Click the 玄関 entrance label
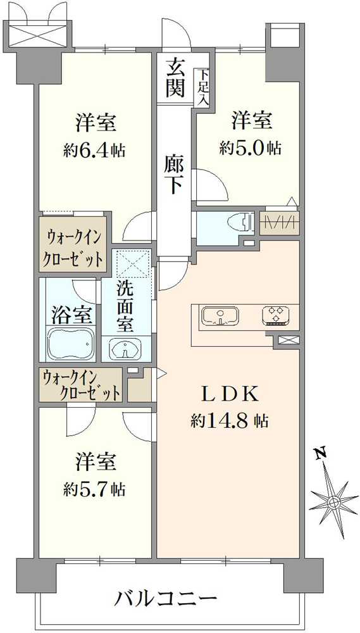[x=175, y=77]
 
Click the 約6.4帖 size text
[x=94, y=151]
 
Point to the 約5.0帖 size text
[x=251, y=148]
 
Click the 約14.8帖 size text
[x=230, y=421]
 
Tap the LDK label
[x=230, y=394]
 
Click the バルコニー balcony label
[x=168, y=597]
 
